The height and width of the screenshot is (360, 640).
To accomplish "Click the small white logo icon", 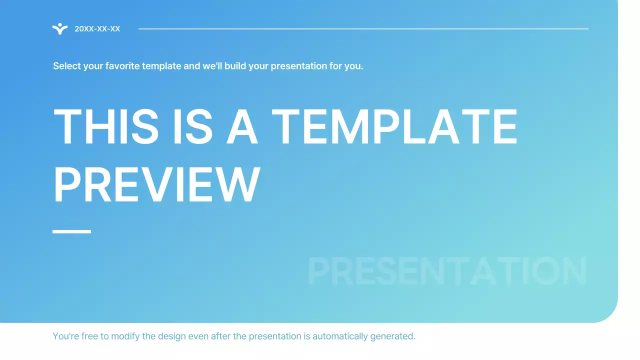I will point(60,29).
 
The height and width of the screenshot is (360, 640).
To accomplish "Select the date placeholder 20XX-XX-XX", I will point(97,29).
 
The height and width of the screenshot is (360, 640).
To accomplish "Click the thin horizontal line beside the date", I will point(363,29).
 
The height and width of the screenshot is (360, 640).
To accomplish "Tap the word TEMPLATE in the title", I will point(394,127).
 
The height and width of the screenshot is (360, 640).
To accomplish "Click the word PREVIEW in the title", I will point(156,185).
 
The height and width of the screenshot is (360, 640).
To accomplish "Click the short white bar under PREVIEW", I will point(71,231).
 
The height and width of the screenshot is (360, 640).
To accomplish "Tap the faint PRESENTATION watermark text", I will point(447,272).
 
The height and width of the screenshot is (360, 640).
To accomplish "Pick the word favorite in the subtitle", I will point(122,66).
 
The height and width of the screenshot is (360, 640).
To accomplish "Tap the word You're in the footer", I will point(65,336).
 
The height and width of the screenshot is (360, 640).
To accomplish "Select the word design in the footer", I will point(171,336).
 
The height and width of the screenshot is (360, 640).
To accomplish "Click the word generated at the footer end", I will point(392,336).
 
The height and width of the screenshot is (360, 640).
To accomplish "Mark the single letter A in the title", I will point(242,127).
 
